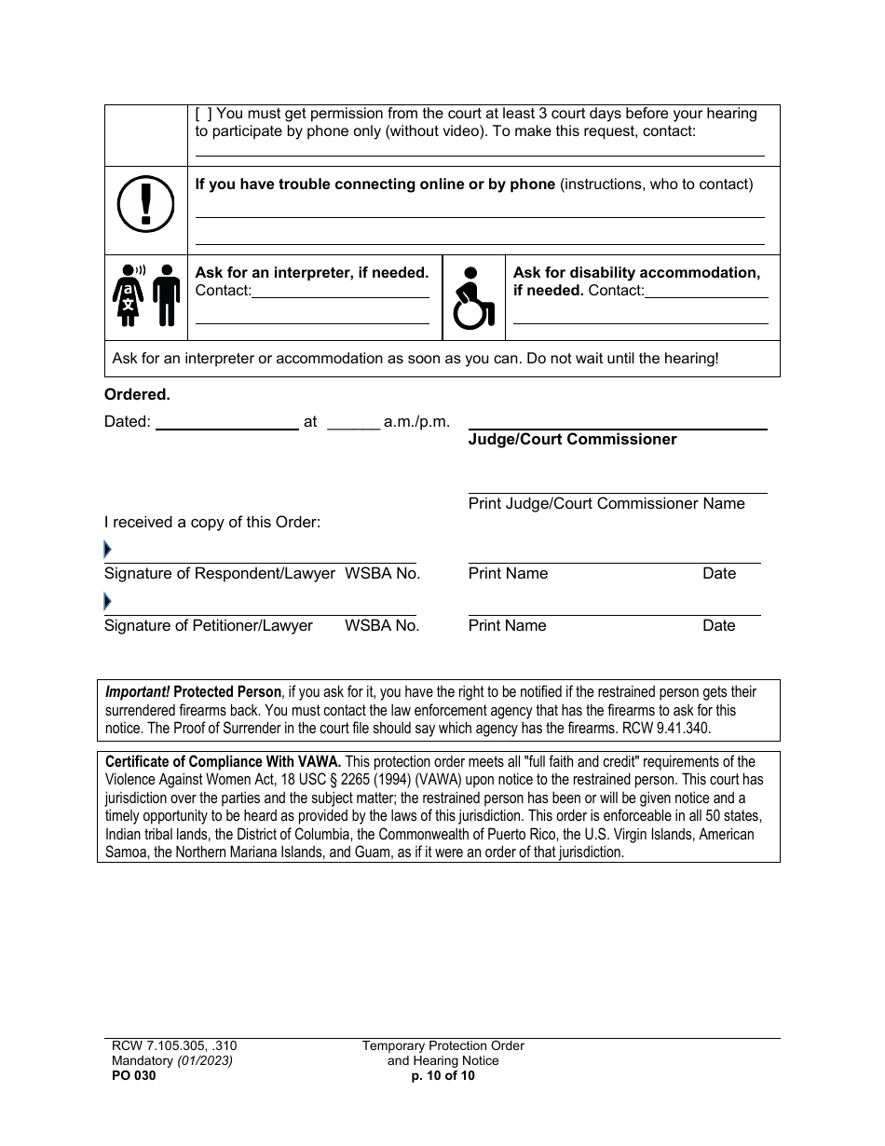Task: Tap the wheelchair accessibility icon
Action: (x=473, y=299)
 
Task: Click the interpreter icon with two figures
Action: (x=146, y=295)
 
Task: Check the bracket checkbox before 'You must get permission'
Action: (x=203, y=114)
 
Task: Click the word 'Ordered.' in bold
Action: (x=137, y=395)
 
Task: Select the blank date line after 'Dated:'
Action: (x=226, y=422)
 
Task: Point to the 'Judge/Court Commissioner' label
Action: (x=572, y=439)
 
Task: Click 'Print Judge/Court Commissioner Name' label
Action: (x=606, y=503)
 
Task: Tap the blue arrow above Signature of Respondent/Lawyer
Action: (x=107, y=550)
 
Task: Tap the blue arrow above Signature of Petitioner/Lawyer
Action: (x=107, y=602)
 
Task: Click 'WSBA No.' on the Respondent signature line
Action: (x=382, y=574)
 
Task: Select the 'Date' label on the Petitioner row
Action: (x=718, y=626)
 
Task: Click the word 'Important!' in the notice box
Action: (x=137, y=692)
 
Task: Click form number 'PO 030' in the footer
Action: (x=130, y=1075)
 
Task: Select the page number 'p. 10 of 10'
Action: (x=442, y=1075)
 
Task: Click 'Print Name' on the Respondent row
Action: (x=508, y=574)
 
